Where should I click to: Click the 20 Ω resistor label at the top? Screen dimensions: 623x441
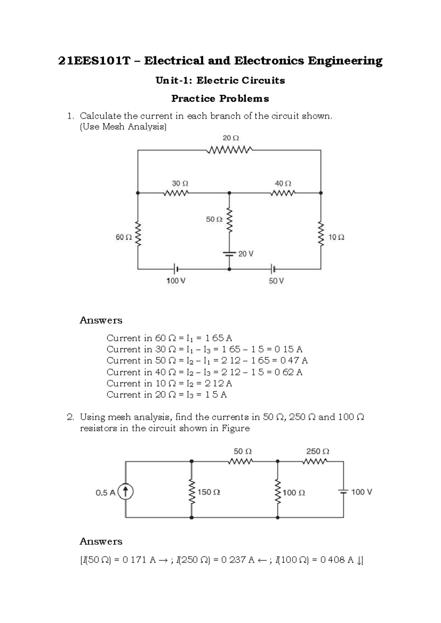point(230,138)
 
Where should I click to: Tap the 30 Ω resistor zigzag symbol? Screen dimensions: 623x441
point(176,193)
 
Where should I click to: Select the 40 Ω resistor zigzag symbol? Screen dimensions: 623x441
point(283,193)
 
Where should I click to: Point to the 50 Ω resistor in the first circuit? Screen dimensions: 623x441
point(229,221)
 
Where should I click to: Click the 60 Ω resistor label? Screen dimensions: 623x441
point(123,237)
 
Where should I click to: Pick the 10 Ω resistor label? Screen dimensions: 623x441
point(336,237)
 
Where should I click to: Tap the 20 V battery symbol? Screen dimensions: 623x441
point(229,253)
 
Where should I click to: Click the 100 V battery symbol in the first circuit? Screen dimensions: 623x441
point(176,269)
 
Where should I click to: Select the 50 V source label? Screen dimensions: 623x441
point(276,281)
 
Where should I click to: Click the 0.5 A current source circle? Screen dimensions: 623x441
point(125,492)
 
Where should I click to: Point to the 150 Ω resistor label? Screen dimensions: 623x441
point(209,492)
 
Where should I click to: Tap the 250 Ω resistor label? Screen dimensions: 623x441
point(318,451)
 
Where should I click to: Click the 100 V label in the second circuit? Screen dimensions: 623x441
point(362,492)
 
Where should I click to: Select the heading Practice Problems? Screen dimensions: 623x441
point(220,98)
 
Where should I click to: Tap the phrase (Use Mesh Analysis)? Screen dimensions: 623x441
point(123,127)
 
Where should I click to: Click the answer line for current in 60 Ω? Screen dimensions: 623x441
point(169,338)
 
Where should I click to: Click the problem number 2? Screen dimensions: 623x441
point(71,417)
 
